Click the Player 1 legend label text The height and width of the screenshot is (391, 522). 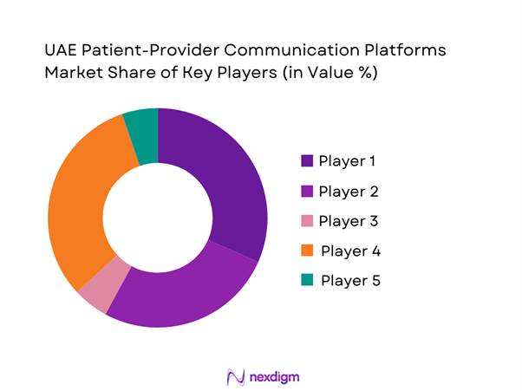(x=348, y=160)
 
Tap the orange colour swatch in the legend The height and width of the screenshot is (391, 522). (x=307, y=251)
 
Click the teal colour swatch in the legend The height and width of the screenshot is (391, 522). (x=307, y=280)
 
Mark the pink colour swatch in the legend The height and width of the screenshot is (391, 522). (x=307, y=220)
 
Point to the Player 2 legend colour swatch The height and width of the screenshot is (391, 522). (x=307, y=191)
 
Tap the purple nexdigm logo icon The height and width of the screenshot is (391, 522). (x=233, y=376)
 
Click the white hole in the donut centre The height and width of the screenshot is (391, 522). (x=158, y=218)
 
